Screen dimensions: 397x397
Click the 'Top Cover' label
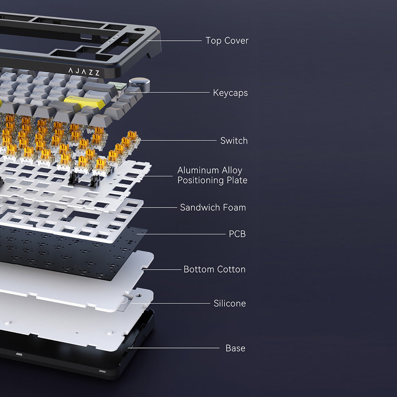click(x=227, y=40)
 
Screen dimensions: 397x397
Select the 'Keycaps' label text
click(x=230, y=93)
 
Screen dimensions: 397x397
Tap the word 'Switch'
click(x=234, y=140)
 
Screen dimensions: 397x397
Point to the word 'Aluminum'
click(x=198, y=170)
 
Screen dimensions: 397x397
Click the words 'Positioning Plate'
click(x=212, y=180)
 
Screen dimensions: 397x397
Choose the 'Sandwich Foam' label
click(x=213, y=208)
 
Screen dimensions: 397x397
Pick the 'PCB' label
click(x=237, y=234)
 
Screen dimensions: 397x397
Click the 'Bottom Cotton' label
click(x=214, y=269)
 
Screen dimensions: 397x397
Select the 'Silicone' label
click(x=229, y=303)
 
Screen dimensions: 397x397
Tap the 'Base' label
click(x=235, y=348)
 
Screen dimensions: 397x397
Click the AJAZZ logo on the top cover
click(x=84, y=72)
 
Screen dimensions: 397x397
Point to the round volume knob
click(x=139, y=85)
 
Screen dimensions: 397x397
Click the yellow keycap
click(x=84, y=102)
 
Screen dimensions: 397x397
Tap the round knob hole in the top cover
click(x=140, y=30)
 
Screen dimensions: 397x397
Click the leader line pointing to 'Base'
click(x=174, y=348)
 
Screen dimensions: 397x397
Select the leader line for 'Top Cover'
click(x=175, y=40)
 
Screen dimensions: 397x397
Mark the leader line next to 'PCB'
click(x=181, y=234)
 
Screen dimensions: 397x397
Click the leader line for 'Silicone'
click(x=171, y=303)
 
